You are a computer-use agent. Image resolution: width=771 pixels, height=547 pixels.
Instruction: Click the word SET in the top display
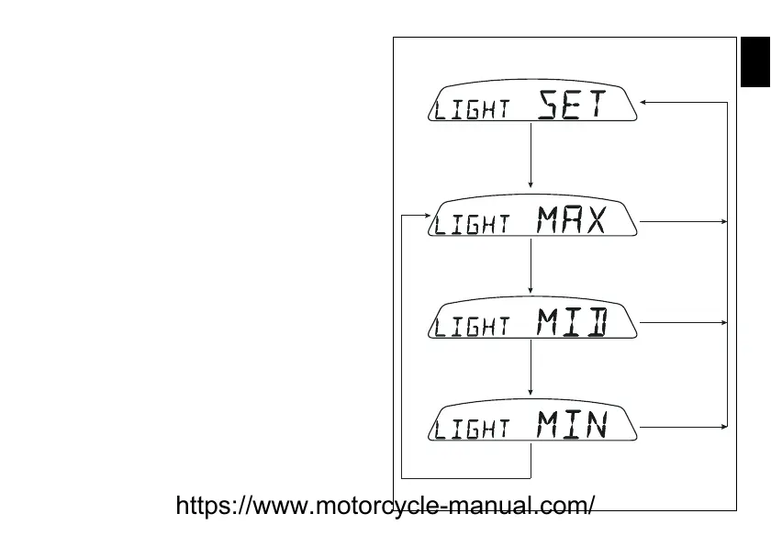(x=572, y=105)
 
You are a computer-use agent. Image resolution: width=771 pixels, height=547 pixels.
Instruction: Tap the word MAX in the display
(x=572, y=220)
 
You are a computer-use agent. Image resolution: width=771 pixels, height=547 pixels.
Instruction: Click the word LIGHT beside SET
(x=472, y=109)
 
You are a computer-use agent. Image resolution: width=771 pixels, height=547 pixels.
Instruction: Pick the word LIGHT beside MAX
(x=472, y=224)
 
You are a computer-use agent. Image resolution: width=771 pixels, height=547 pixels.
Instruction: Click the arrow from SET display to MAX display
(x=531, y=156)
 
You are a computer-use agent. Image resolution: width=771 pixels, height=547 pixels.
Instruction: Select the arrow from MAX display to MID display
(x=531, y=266)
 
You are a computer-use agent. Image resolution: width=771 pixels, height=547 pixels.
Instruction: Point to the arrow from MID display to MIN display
(x=531, y=369)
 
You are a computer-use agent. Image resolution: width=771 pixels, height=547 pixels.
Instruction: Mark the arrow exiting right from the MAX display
(x=684, y=221)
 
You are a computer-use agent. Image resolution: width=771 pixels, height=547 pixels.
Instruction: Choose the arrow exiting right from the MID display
(x=684, y=322)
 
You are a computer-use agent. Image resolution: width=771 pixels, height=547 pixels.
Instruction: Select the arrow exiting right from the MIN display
(x=684, y=427)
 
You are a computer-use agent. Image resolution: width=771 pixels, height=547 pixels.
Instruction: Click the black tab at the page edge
(x=755, y=63)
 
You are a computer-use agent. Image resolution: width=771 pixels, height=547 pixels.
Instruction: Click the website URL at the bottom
(x=385, y=506)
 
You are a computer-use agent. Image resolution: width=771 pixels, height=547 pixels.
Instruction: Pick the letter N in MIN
(x=596, y=425)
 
